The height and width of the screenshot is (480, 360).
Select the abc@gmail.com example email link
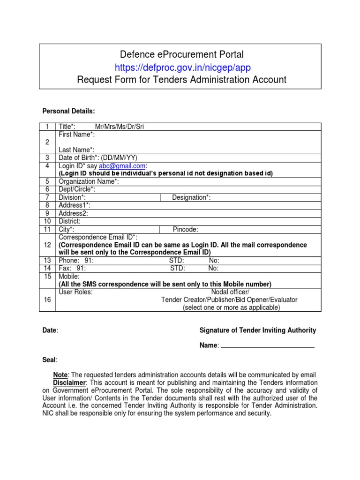(122, 165)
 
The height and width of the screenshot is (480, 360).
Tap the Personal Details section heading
(68, 111)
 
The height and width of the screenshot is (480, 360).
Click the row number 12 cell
(47, 245)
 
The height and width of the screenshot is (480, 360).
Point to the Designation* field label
(191, 197)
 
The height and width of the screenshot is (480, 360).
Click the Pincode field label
(185, 229)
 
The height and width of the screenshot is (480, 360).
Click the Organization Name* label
(89, 181)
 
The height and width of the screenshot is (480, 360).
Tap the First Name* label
(76, 135)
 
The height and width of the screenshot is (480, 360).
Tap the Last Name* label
(76, 150)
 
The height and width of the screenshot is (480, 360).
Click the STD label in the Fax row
(177, 269)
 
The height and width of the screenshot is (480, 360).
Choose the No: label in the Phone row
(214, 261)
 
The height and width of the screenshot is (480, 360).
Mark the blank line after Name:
(267, 345)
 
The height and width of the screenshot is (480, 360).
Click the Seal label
(50, 360)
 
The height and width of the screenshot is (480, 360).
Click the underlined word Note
(60, 375)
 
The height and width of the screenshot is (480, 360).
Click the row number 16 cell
(47, 300)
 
